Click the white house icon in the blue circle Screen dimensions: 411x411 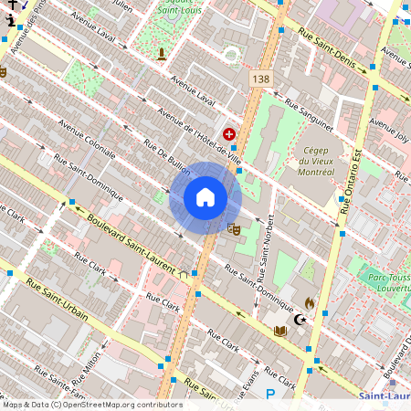point(205,197)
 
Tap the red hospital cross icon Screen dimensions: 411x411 point(228,134)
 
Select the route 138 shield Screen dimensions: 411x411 point(260,79)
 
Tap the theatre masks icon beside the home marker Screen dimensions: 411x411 point(233,229)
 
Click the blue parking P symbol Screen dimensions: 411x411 point(269,395)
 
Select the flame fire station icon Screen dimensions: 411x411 point(309,302)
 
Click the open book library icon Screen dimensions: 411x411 point(280,331)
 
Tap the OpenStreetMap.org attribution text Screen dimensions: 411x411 point(119,405)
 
